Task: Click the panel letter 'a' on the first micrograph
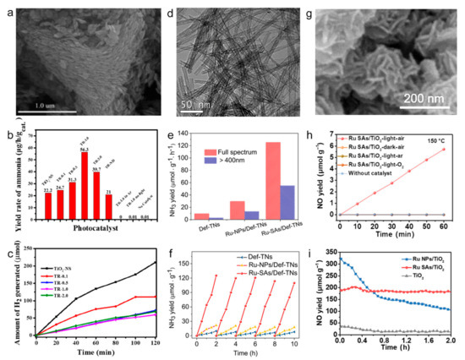click(10, 11)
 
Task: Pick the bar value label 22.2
click(46, 166)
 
